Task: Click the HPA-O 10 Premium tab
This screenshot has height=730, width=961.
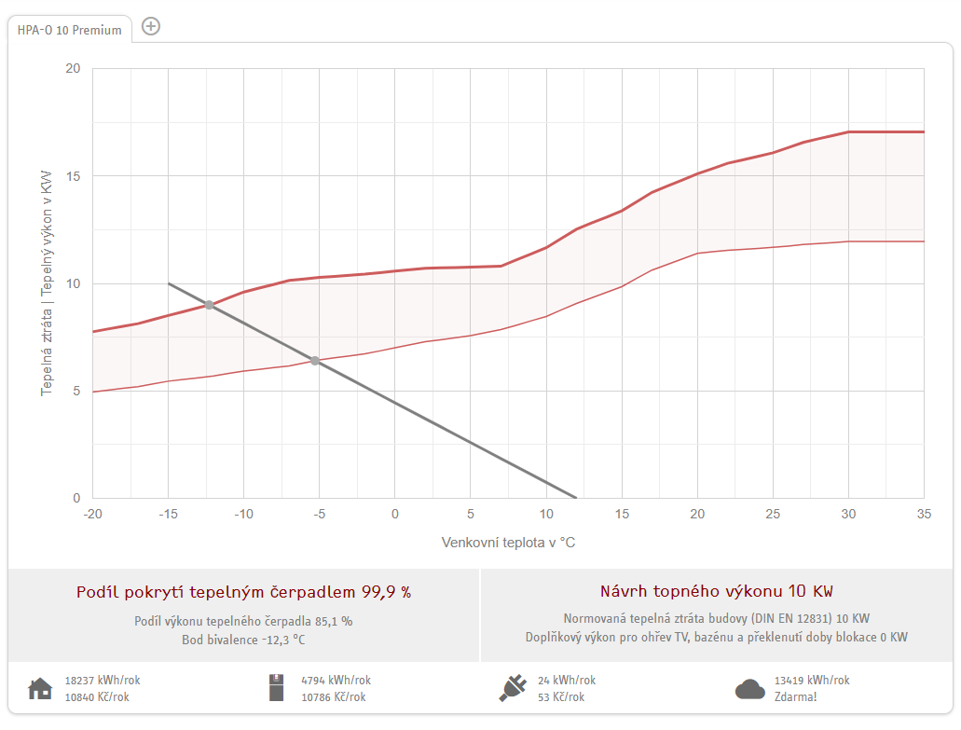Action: click(69, 30)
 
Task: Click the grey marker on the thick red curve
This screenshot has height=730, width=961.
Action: click(209, 305)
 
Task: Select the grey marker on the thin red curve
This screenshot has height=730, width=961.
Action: click(314, 361)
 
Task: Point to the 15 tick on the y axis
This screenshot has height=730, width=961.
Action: click(73, 176)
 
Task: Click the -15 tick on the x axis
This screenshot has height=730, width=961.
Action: click(168, 515)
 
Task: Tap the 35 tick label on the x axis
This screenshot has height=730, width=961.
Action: click(924, 515)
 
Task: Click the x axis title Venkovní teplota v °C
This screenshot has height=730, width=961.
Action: click(508, 543)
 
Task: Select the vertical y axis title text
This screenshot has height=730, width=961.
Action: click(47, 283)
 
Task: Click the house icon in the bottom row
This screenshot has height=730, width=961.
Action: click(40, 688)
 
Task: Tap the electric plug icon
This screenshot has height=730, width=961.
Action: click(513, 688)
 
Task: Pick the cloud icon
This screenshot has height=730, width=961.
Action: click(750, 689)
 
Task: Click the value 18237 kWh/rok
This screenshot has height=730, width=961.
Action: click(103, 681)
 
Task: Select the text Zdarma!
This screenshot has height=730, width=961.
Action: click(795, 696)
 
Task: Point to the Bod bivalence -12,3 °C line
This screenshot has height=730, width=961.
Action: click(243, 640)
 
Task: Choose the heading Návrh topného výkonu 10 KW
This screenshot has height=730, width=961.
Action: click(717, 591)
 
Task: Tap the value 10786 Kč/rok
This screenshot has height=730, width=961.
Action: click(334, 696)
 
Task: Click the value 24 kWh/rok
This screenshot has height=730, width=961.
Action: click(567, 681)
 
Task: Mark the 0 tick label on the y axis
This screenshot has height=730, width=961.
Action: click(76, 498)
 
